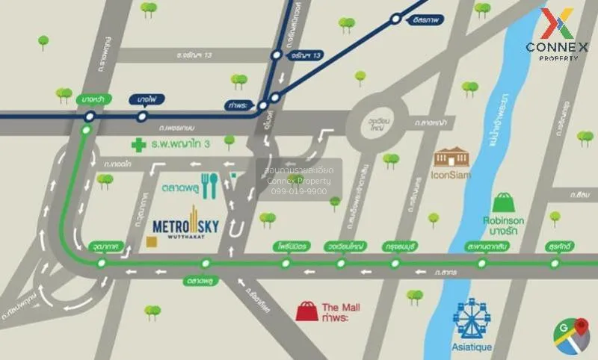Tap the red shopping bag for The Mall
[306, 311]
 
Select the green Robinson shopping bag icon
[503, 202]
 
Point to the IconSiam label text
[451, 177]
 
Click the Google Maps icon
[572, 335]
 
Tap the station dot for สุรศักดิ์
[555, 263]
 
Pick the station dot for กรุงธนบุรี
[395, 263]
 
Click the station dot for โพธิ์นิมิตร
[286, 263]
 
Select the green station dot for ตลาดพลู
[206, 263]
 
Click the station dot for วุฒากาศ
[102, 263]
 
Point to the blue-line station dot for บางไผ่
[142, 117]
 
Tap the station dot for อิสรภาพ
[395, 20]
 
